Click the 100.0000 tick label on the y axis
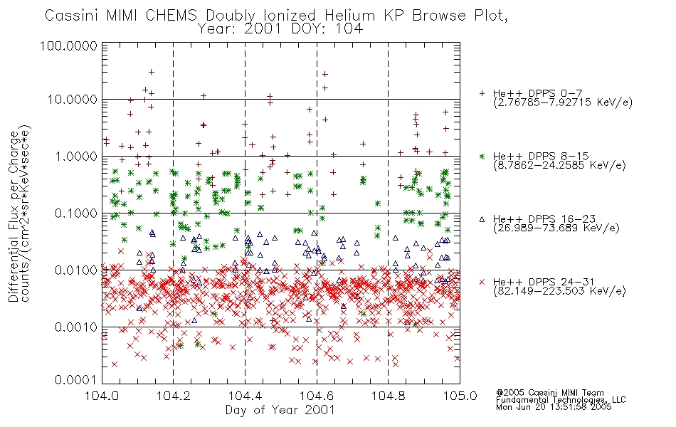point(68,46)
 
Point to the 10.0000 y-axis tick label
point(72,100)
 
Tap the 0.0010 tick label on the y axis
point(75,327)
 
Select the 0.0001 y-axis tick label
point(75,380)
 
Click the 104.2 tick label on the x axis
point(174,396)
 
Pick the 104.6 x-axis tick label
point(317,396)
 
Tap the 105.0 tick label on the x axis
point(460,396)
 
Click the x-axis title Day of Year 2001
point(280,410)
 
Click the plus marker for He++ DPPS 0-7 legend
point(482,93)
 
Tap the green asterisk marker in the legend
point(482,156)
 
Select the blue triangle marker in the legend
point(482,219)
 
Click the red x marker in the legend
point(482,282)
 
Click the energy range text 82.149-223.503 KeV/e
point(559,291)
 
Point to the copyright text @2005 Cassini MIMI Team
point(549,393)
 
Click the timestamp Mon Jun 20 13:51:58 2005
point(554,407)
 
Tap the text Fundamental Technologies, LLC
point(561,400)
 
